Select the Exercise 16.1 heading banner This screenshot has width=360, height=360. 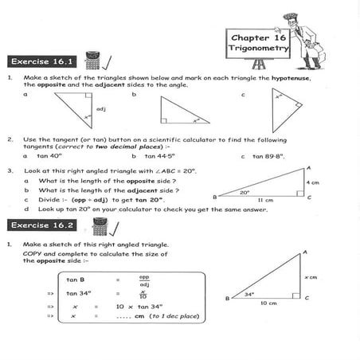point(41,61)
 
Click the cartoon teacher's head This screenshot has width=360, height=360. point(307,17)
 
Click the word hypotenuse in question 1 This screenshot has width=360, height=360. point(292,78)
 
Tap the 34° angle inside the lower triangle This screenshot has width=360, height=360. point(248,295)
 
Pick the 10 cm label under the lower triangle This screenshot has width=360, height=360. point(269,303)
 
